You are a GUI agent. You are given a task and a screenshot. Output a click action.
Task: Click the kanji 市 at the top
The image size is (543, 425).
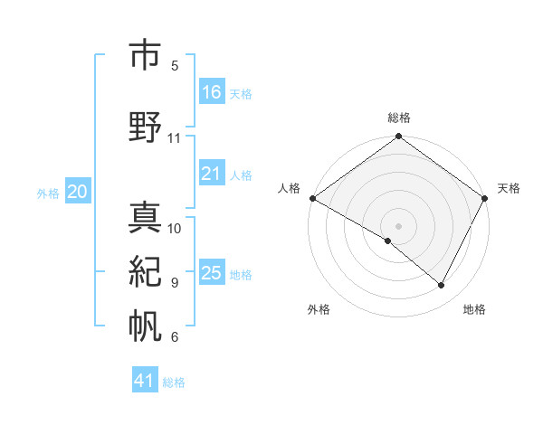point(145,53)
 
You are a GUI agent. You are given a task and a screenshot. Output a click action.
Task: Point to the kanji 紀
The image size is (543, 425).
point(145,271)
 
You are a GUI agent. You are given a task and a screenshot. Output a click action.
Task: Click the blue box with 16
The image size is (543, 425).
point(211,92)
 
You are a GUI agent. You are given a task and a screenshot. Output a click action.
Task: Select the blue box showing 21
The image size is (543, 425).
point(211,174)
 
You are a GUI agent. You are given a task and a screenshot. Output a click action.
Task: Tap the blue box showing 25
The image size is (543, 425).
point(211,273)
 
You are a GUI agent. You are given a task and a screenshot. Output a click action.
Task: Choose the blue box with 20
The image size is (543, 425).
point(78,192)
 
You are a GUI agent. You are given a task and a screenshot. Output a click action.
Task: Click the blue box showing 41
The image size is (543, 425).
point(145,381)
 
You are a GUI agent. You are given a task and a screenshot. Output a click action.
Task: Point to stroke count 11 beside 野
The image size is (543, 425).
point(175,138)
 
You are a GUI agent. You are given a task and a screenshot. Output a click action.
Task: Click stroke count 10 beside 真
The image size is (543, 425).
point(175,229)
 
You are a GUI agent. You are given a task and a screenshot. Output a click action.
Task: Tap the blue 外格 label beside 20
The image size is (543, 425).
point(48,193)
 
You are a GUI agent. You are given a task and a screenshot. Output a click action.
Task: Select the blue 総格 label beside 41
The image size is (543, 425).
point(175,382)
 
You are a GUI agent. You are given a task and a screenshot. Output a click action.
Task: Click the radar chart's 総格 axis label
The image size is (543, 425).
point(398,118)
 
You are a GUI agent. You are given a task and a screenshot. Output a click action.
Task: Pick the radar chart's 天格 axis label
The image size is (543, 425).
point(509,188)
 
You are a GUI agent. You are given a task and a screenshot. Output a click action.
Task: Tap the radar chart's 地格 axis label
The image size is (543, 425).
point(474,309)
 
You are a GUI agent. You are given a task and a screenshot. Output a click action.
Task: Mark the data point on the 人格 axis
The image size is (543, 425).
point(312,198)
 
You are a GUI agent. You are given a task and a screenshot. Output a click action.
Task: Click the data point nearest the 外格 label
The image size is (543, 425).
point(388,241)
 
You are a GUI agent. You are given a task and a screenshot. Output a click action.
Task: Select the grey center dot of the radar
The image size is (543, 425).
point(398,225)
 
